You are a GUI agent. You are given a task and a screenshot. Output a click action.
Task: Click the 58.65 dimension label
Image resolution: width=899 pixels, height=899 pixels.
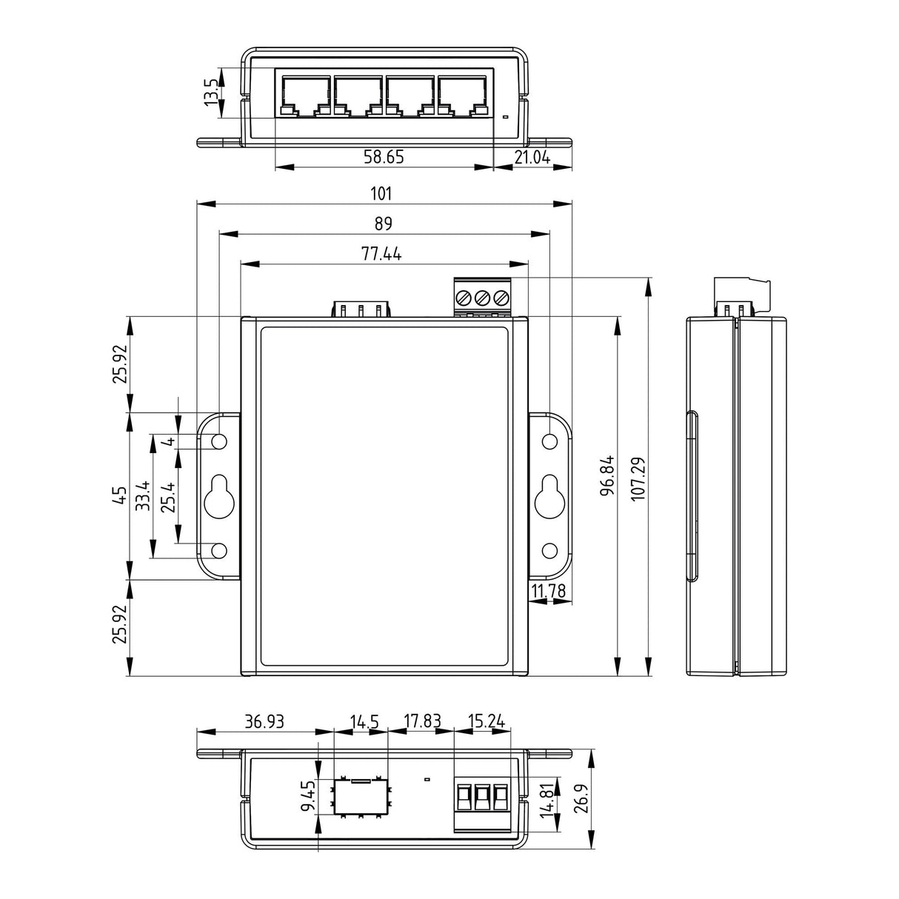(x=384, y=157)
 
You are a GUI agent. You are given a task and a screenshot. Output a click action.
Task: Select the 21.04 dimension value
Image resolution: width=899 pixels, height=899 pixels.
(x=532, y=158)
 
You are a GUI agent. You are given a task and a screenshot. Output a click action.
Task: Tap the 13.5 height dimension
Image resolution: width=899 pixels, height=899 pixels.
(x=211, y=91)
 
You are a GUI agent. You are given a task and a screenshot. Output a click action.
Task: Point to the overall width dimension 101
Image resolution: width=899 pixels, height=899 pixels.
(x=381, y=193)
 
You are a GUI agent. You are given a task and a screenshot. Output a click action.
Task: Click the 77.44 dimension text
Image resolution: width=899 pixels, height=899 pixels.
(x=381, y=254)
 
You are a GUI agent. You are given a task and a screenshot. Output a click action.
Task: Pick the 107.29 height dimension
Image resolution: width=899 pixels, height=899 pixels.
(x=638, y=478)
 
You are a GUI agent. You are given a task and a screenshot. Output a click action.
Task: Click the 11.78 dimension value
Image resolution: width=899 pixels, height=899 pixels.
(x=548, y=591)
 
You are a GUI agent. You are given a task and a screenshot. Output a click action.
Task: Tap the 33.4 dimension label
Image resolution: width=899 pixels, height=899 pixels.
(x=143, y=495)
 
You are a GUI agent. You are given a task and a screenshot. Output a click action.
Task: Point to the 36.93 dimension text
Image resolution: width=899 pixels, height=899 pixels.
(x=264, y=721)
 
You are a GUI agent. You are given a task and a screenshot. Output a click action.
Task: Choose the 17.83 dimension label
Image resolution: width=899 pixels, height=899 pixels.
(x=422, y=721)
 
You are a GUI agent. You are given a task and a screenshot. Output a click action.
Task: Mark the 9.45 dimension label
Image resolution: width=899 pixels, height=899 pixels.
(x=308, y=796)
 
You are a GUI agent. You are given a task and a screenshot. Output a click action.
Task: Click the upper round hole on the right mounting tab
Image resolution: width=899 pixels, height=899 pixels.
(x=550, y=441)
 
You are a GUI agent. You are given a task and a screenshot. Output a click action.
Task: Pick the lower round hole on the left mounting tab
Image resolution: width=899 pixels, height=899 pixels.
(x=219, y=551)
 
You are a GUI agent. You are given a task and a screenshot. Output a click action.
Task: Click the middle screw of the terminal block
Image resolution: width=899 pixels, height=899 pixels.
(x=482, y=297)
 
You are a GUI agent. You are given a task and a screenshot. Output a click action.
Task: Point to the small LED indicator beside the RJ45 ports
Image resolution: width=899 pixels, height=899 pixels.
(x=505, y=116)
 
